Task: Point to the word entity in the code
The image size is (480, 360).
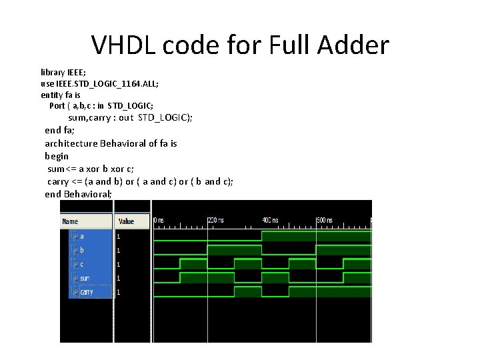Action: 52,95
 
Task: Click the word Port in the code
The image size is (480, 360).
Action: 57,106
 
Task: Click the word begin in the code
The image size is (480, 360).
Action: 57,156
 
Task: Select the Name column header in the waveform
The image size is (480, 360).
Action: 70,221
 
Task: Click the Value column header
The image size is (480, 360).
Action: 126,221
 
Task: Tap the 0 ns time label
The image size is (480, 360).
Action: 159,219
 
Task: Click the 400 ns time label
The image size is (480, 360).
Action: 270,219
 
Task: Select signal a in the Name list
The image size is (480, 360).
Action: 81,236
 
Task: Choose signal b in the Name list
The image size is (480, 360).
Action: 81,250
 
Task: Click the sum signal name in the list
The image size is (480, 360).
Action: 85,278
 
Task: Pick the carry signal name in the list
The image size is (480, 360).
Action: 87,292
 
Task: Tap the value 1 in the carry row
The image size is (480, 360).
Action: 119,292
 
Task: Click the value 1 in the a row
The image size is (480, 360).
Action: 119,236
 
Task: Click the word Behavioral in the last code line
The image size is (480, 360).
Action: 87,194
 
